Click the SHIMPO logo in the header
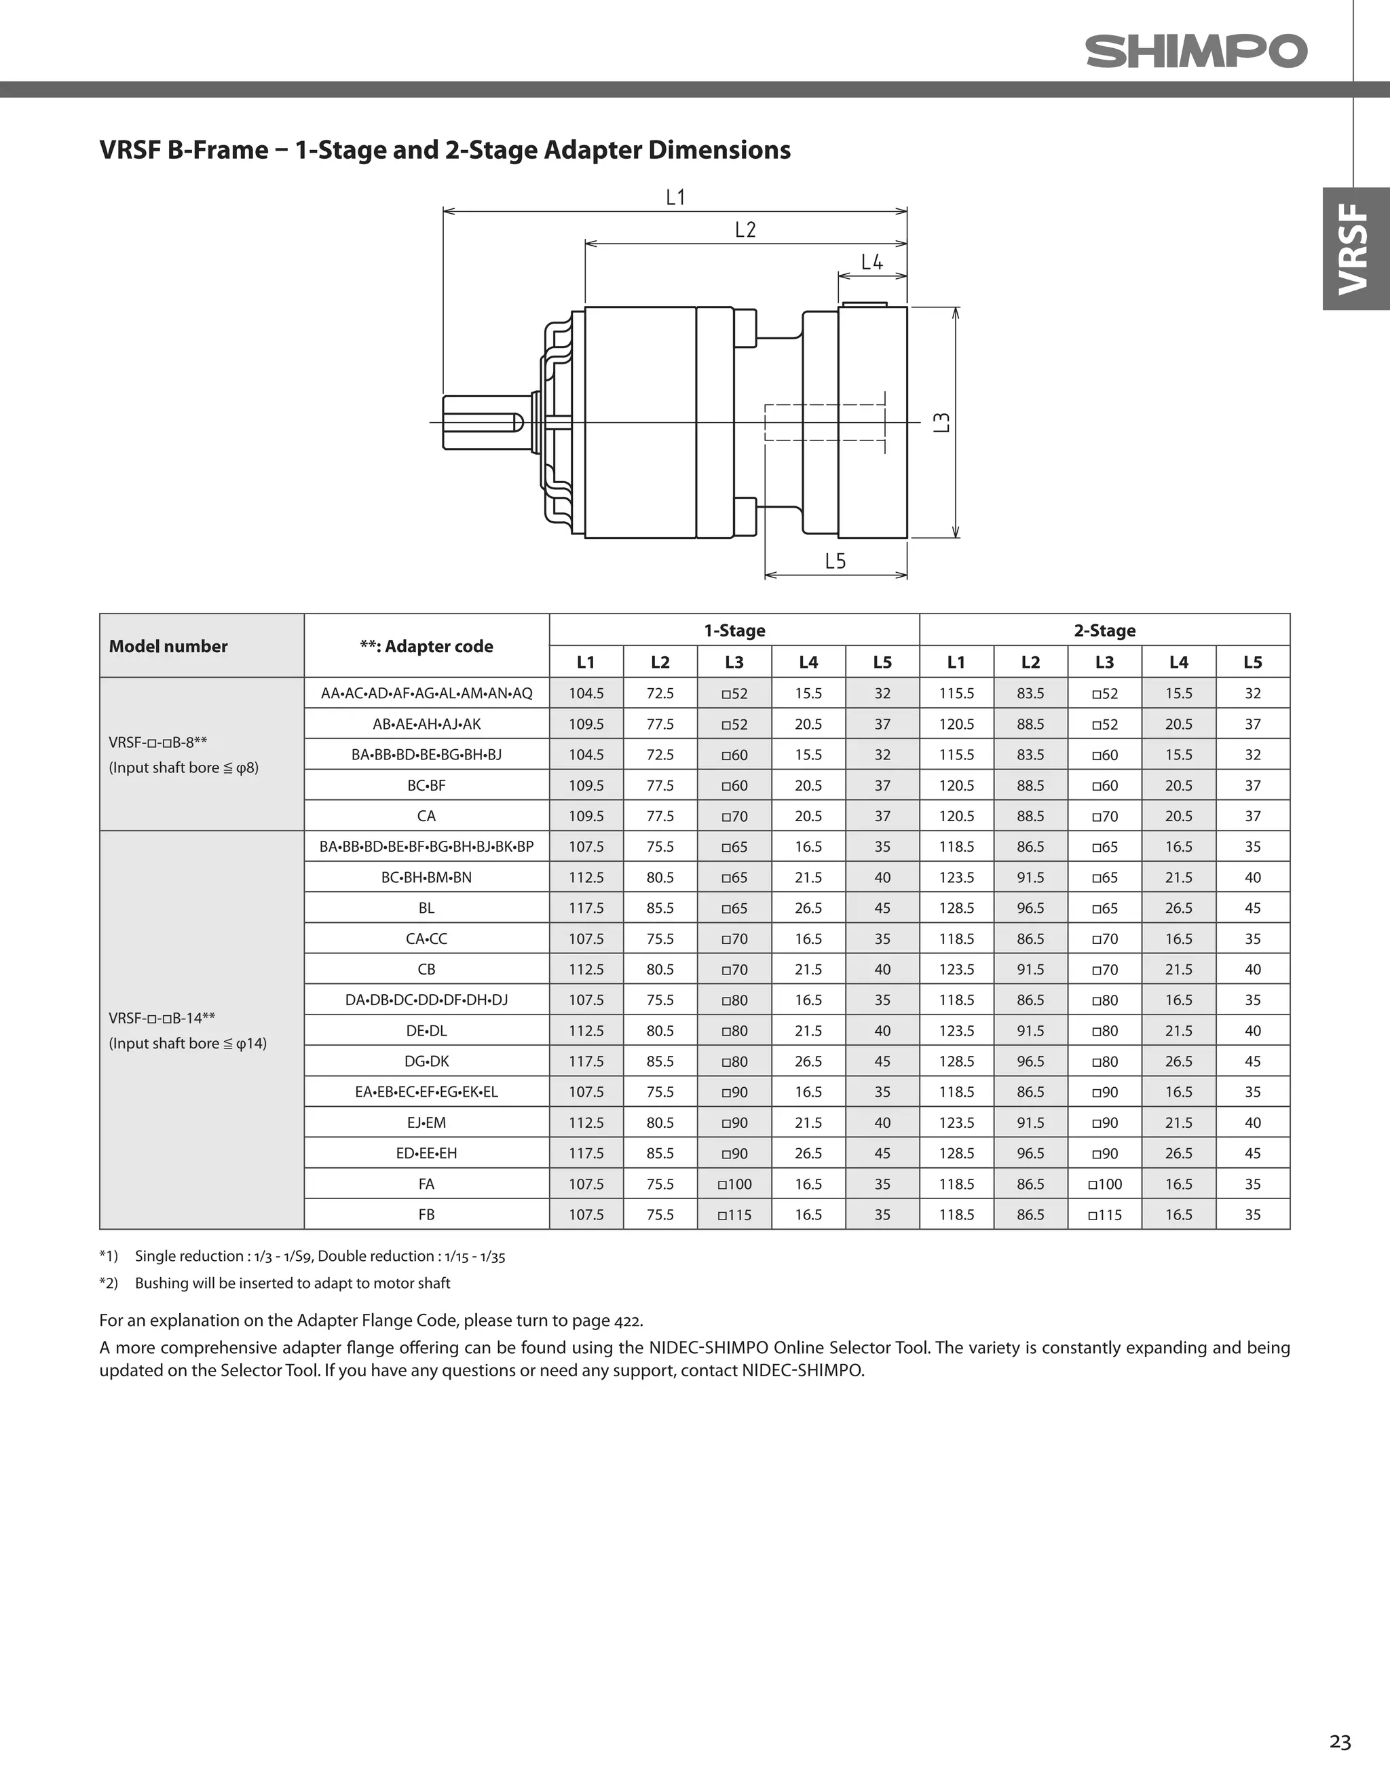pyautogui.click(x=1195, y=52)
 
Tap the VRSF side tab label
pyautogui.click(x=1355, y=248)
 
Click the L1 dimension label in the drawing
pyautogui.click(x=675, y=197)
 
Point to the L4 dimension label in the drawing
pyautogui.click(x=871, y=262)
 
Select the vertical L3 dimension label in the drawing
pyautogui.click(x=941, y=423)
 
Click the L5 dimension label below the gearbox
pyautogui.click(x=835, y=561)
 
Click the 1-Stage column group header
pyautogui.click(x=734, y=630)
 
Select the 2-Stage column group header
pyautogui.click(x=1104, y=630)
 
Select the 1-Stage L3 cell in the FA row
pyautogui.click(x=734, y=1184)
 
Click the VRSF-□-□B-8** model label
pyautogui.click(x=158, y=742)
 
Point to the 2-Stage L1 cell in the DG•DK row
pyautogui.click(x=956, y=1061)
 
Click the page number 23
pyautogui.click(x=1340, y=1741)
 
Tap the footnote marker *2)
pyautogui.click(x=109, y=1283)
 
